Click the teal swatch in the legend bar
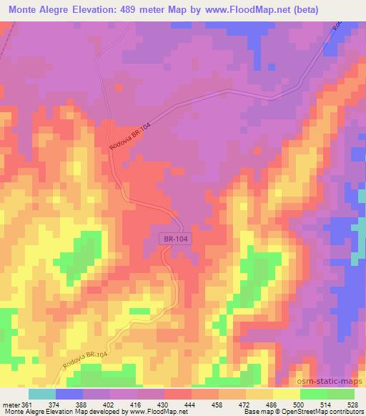42,394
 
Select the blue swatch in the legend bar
69,394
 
